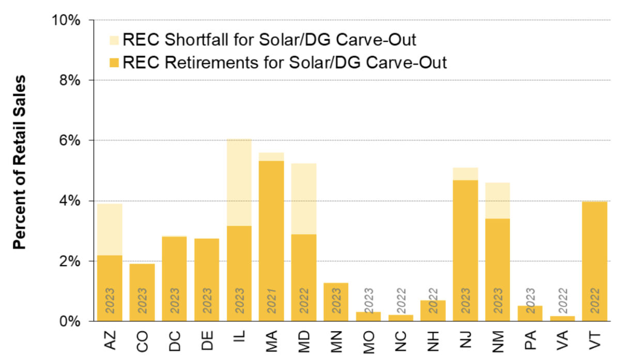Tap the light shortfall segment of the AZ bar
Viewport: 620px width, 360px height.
click(x=110, y=229)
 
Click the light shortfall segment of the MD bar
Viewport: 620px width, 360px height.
click(x=304, y=199)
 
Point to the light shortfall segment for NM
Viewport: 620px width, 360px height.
click(x=498, y=200)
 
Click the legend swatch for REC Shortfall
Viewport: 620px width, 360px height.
click(x=114, y=40)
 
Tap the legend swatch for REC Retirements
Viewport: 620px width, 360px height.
click(x=114, y=63)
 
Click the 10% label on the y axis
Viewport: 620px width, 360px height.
click(x=66, y=20)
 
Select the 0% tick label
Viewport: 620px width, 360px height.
click(x=70, y=321)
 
